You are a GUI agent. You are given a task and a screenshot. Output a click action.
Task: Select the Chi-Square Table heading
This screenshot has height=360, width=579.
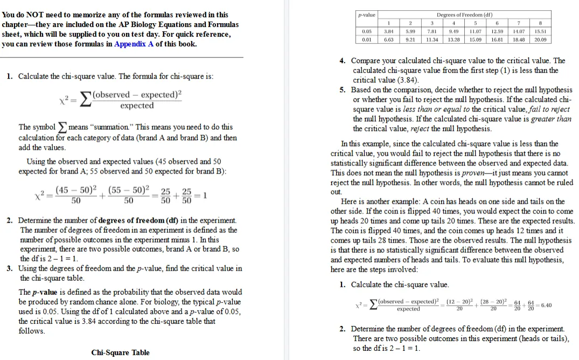point(121,352)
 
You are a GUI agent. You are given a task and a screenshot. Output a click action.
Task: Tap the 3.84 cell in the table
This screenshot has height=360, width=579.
point(388,32)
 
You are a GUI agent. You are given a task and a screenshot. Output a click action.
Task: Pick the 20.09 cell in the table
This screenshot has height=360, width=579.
point(540,39)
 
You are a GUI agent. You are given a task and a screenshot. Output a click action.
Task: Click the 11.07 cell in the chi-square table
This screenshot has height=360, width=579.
point(475,32)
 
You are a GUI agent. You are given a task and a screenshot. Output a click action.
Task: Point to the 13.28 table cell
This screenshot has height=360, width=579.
point(454,39)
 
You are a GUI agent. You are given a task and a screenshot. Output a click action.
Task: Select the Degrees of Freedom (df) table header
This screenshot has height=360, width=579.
point(464,15)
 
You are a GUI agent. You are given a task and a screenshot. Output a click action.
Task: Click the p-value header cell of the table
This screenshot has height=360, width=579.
point(367,15)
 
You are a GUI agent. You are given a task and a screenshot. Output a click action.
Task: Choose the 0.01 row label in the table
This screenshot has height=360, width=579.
point(367,39)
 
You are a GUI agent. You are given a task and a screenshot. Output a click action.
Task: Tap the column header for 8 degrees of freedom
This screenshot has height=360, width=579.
point(540,23)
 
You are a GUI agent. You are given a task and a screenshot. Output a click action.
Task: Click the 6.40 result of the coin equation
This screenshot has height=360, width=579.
point(546,305)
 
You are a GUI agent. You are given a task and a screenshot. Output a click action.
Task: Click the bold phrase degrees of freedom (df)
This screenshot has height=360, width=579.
point(138,220)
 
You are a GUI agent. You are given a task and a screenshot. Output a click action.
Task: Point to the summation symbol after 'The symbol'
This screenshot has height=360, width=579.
point(63,128)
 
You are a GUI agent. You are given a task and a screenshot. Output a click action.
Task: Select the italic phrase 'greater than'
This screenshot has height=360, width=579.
point(551,119)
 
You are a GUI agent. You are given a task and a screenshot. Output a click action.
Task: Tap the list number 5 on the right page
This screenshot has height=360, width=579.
point(343,90)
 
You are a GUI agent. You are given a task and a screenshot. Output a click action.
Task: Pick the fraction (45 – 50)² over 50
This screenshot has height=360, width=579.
point(76,195)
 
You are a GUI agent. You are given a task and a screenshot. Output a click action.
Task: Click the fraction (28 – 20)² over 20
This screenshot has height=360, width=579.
point(493,305)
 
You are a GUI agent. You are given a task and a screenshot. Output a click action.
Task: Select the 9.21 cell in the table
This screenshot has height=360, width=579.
point(410,39)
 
